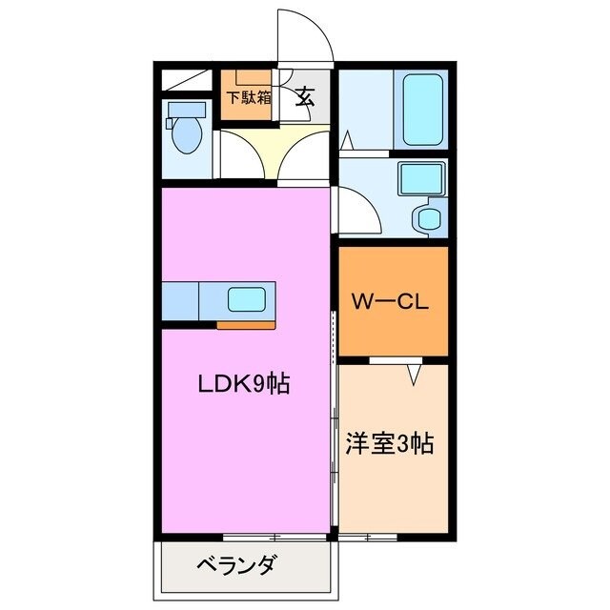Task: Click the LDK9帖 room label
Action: pos(243,385)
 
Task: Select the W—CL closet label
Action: pos(392,303)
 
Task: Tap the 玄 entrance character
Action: pos(305,96)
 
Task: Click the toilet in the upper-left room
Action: pos(185,132)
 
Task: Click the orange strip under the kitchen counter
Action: pos(246,325)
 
